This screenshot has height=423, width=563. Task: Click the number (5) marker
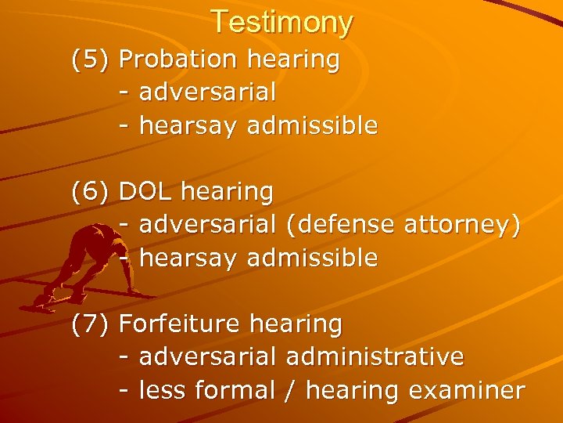point(91,60)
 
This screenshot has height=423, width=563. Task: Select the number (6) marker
point(91,191)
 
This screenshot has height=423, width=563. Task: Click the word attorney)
point(462,225)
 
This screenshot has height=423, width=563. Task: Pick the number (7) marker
point(91,324)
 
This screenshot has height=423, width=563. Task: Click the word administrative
point(375,357)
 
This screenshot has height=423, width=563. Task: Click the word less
point(164,390)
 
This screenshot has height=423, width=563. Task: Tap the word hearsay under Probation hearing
point(188,125)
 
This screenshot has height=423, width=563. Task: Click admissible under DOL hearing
point(312,258)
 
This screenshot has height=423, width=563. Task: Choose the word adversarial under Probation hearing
point(207,92)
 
